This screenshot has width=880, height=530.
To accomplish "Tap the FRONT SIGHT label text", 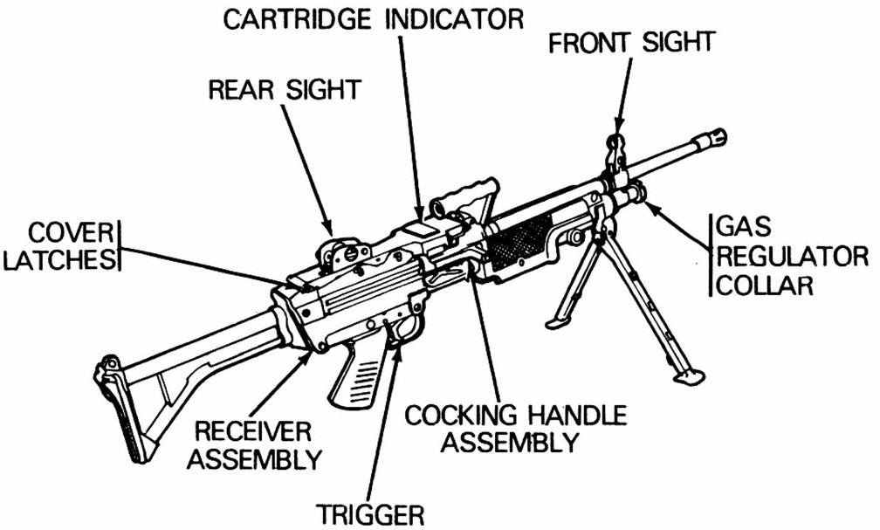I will click(632, 42).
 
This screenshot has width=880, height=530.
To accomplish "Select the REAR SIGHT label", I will click(285, 89).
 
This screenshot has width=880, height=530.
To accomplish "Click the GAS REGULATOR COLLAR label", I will click(790, 257).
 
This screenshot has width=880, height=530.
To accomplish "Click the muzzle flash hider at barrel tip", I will click(713, 138).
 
